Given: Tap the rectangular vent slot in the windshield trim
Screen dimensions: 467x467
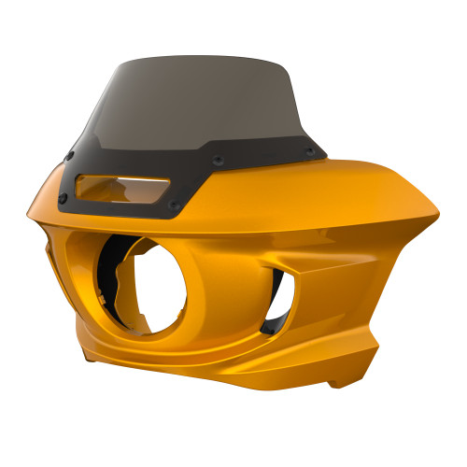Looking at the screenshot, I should (121, 186).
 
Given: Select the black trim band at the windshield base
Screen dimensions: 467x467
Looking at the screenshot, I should (187, 177).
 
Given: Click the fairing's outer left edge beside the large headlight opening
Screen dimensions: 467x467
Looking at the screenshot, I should (75, 280).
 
